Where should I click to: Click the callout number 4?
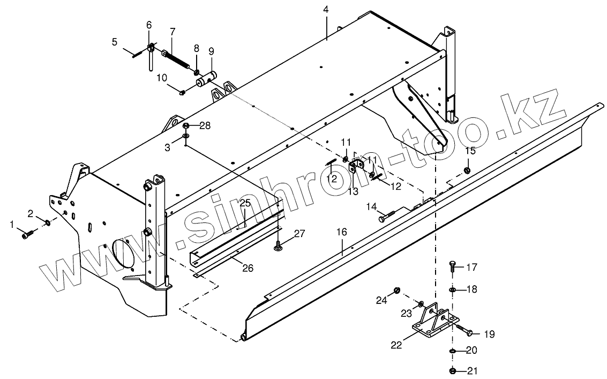tap(326, 10)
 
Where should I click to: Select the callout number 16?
tap(342, 232)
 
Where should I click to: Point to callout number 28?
tap(205, 126)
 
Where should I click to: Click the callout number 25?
tap(245, 203)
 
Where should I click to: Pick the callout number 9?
tap(211, 51)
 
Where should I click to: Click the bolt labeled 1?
tap(28, 234)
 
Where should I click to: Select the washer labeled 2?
tap(48, 222)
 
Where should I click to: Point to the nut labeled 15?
tap(467, 170)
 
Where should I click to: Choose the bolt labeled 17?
tap(452, 265)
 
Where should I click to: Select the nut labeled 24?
tap(397, 290)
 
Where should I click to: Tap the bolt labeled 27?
tap(279, 246)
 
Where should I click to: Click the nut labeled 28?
tap(186, 126)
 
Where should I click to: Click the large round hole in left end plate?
tap(125, 252)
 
